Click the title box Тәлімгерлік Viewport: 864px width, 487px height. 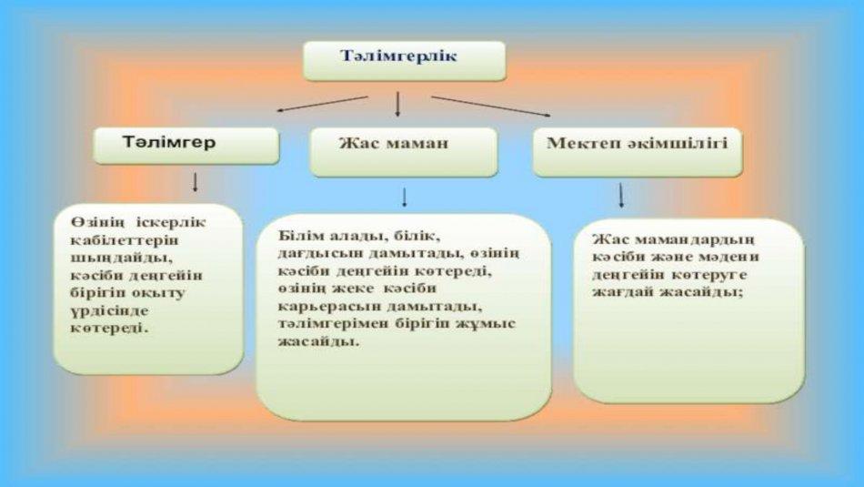point(405,61)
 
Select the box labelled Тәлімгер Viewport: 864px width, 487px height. point(186,146)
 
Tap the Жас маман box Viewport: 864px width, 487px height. point(404,152)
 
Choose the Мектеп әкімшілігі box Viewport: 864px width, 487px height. point(638,152)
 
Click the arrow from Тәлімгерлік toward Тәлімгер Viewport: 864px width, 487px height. point(322,104)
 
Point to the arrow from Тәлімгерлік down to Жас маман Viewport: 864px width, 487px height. point(397,105)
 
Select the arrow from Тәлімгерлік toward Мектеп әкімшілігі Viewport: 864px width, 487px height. point(490,107)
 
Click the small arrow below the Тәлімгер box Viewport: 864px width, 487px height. point(195,182)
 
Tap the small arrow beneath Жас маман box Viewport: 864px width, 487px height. point(405,198)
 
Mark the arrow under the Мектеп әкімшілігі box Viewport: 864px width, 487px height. point(621,195)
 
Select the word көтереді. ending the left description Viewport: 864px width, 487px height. point(110,329)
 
